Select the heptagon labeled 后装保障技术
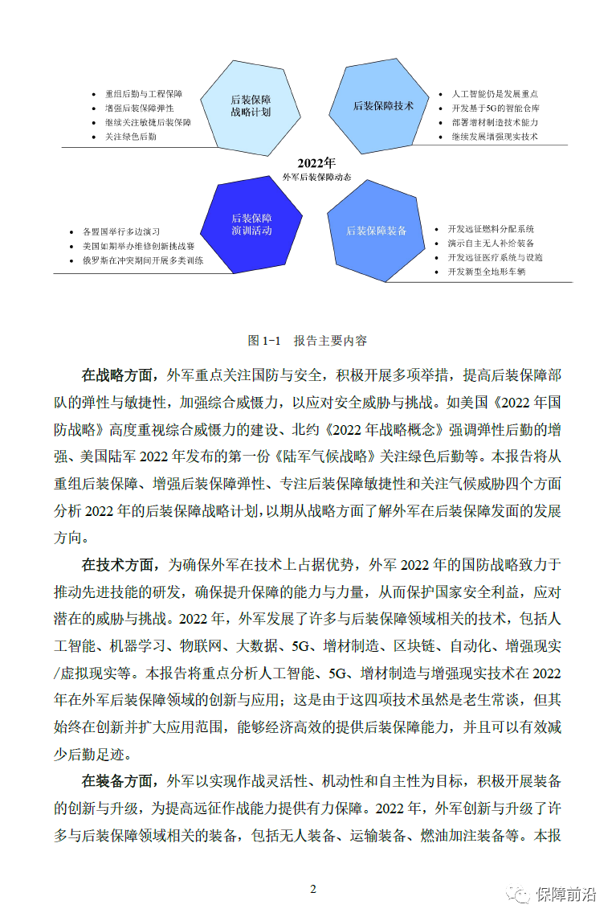(x=384, y=105)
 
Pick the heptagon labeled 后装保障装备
(x=377, y=231)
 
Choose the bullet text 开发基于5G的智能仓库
(x=496, y=108)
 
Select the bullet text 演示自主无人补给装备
(x=491, y=243)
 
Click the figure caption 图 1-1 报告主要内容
(x=308, y=341)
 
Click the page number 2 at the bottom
(x=313, y=889)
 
